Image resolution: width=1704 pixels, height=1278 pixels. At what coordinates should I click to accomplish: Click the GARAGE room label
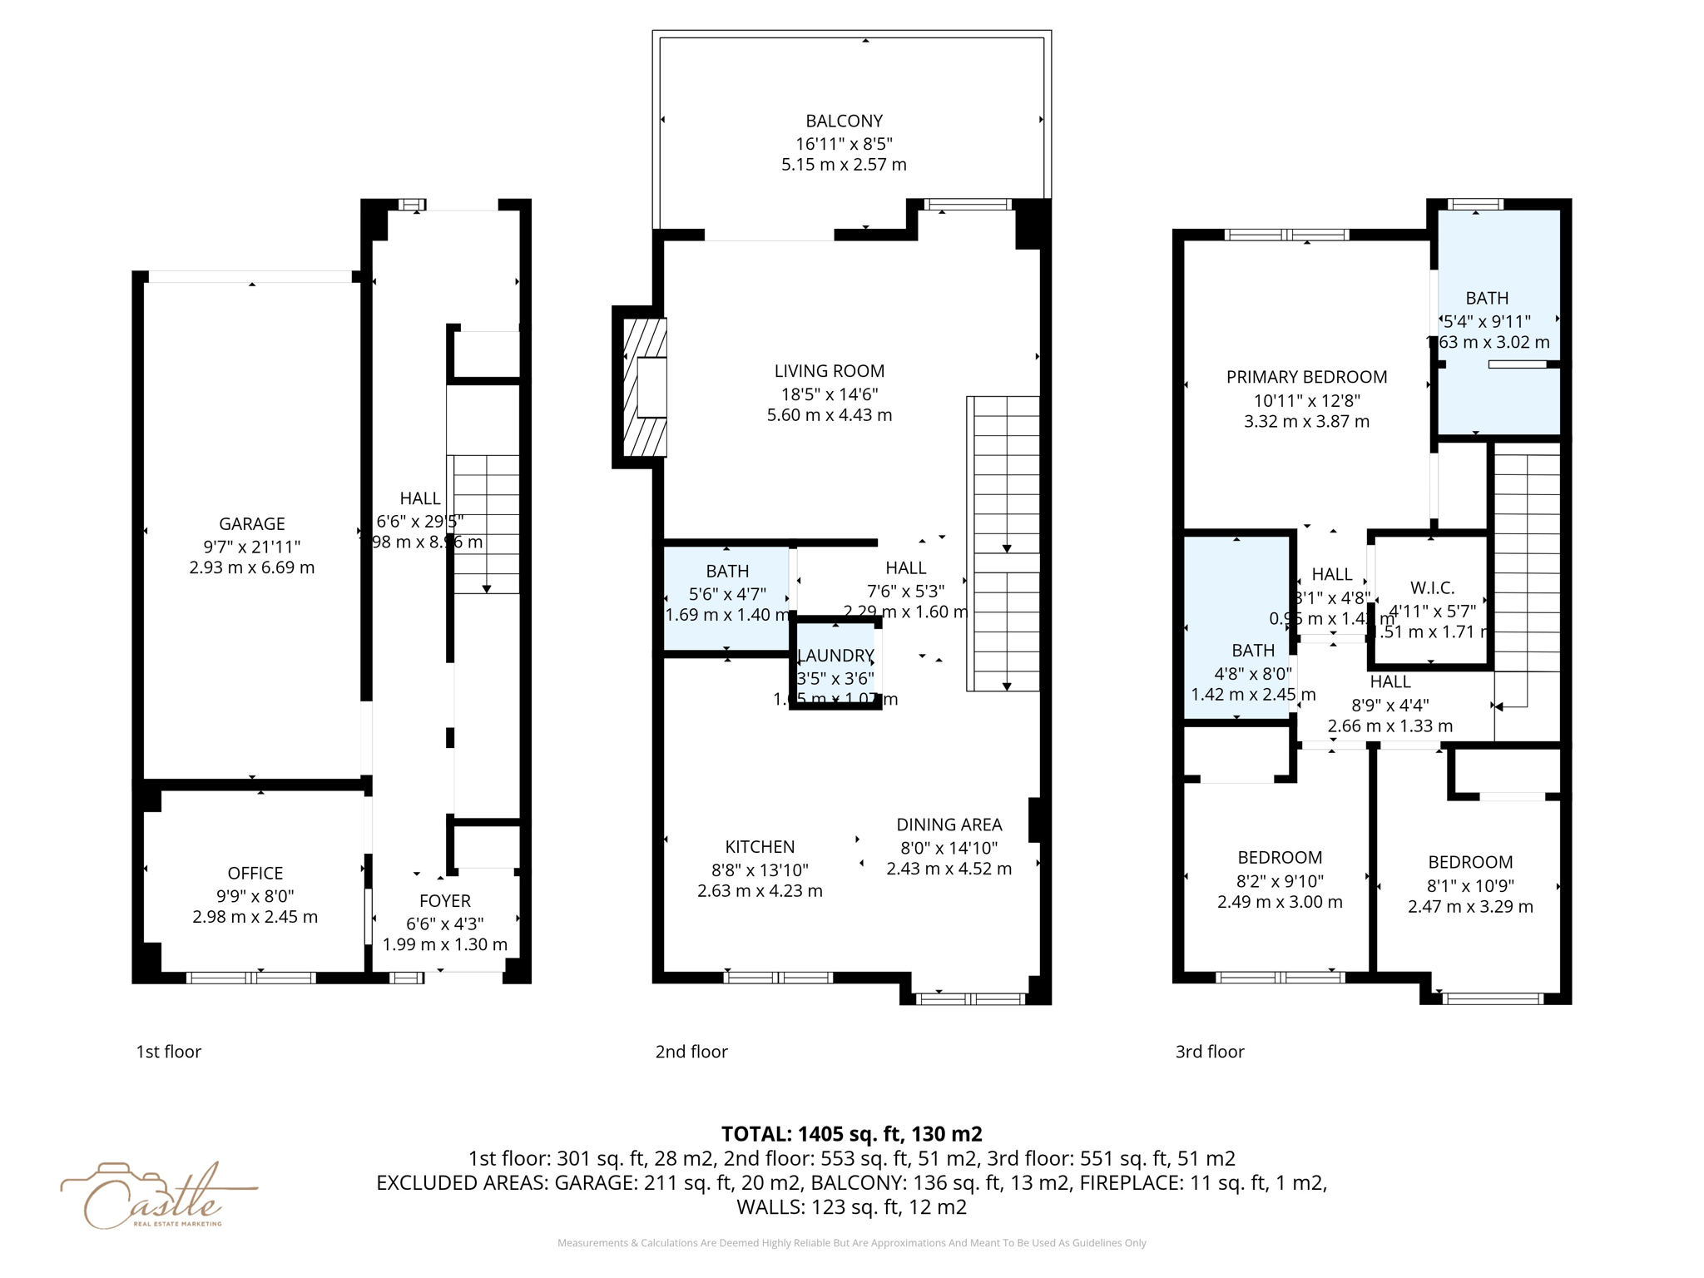pyautogui.click(x=251, y=523)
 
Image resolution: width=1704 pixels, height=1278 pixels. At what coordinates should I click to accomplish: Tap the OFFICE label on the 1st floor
pyautogui.click(x=255, y=873)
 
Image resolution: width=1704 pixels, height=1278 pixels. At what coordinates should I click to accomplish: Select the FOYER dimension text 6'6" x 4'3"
pyautogui.click(x=444, y=924)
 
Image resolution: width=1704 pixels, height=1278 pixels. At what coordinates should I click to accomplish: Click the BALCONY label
pyautogui.click(x=844, y=121)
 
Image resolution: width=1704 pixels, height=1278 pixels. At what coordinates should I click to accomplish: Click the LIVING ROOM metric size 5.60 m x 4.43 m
pyautogui.click(x=829, y=415)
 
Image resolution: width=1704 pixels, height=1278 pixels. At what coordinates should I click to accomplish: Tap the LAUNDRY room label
pyautogui.click(x=835, y=656)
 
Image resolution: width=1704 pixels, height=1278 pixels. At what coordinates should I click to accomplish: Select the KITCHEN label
pyautogui.click(x=759, y=847)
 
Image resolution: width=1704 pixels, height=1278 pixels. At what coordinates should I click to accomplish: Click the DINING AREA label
pyautogui.click(x=949, y=825)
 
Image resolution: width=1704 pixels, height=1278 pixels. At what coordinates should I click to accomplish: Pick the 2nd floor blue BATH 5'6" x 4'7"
pyautogui.click(x=726, y=594)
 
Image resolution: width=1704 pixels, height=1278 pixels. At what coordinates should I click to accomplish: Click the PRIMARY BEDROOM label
pyautogui.click(x=1306, y=377)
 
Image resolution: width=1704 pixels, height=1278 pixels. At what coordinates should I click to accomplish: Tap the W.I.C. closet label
pyautogui.click(x=1432, y=588)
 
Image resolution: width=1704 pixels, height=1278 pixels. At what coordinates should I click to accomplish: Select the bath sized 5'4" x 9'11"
pyautogui.click(x=1487, y=320)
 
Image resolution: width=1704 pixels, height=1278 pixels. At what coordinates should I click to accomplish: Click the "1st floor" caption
pyautogui.click(x=169, y=1052)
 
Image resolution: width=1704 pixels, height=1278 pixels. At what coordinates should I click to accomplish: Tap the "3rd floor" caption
pyautogui.click(x=1209, y=1052)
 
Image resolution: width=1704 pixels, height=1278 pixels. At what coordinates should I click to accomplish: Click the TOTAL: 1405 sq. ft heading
pyautogui.click(x=851, y=1134)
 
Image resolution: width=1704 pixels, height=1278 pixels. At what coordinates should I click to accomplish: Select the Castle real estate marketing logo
pyautogui.click(x=154, y=1196)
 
